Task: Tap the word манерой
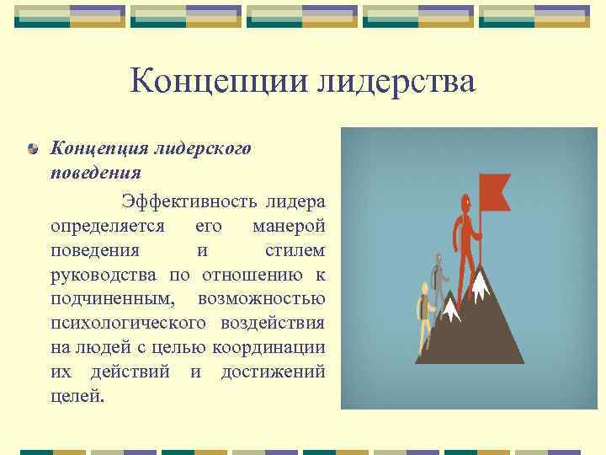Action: pos(288,227)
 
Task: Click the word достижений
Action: pos(273,372)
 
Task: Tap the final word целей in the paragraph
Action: pos(77,396)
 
